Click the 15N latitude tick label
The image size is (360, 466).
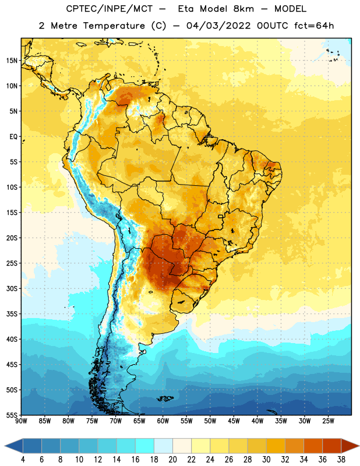12,61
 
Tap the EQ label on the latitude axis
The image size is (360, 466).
13,137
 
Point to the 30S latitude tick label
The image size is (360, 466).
12,288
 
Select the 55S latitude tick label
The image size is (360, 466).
12,415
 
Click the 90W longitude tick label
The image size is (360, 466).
21,421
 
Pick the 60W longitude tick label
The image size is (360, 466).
163,421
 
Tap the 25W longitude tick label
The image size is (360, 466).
328,421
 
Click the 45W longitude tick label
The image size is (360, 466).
234,421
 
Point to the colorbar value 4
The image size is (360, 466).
23,460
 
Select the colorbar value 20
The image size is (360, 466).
172,460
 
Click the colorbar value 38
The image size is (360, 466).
341,460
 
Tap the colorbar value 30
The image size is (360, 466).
266,460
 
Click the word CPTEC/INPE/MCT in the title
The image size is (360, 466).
109,9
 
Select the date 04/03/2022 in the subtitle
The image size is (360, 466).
218,26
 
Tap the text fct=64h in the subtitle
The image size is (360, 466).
314,26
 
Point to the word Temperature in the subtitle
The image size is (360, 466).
114,26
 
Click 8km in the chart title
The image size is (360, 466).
243,9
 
